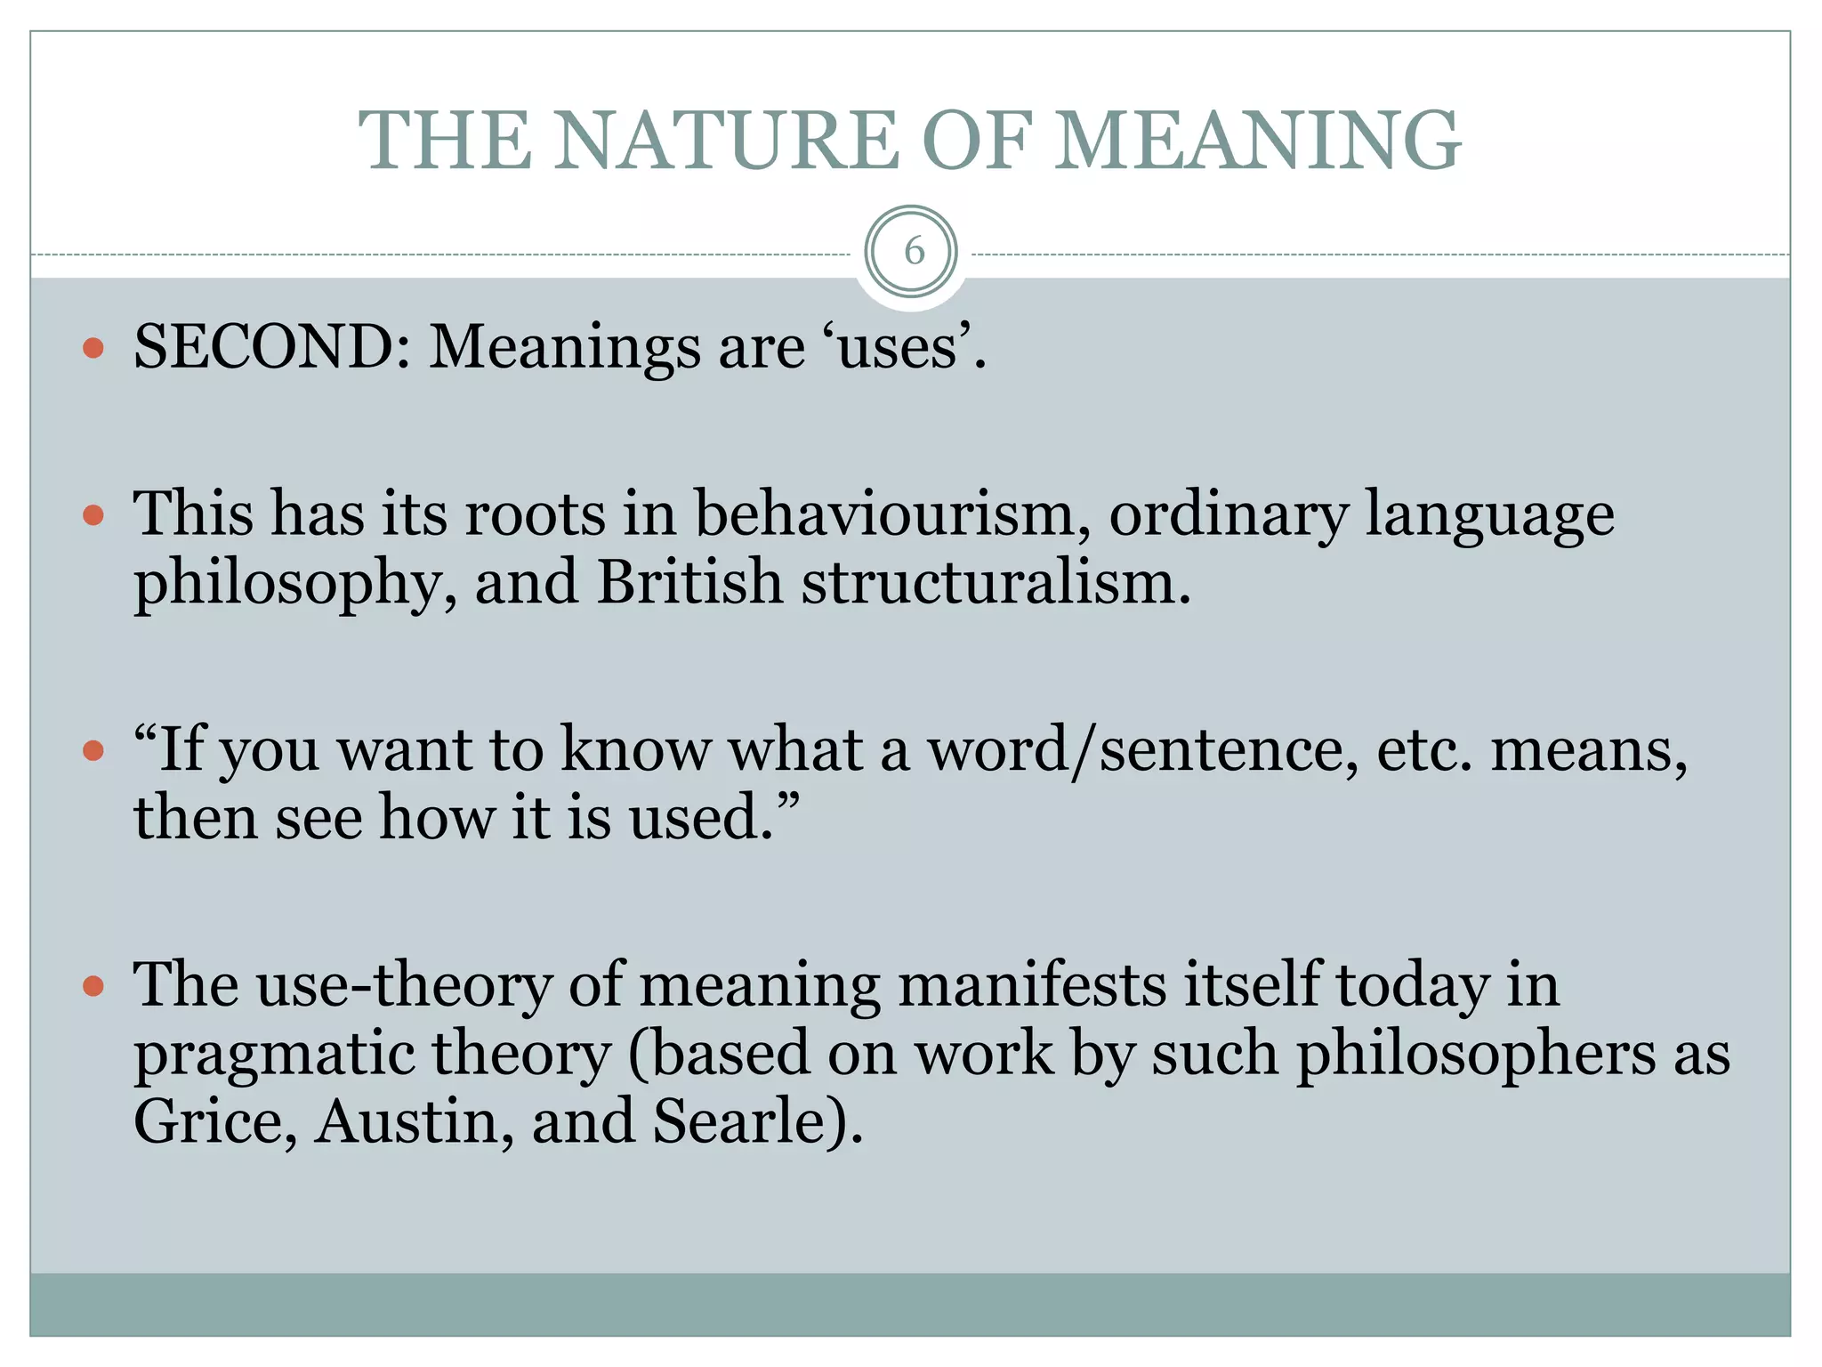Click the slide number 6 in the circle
click(x=912, y=252)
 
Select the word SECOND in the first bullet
click(x=271, y=346)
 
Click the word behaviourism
click(x=891, y=514)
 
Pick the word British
click(x=689, y=582)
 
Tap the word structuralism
click(x=995, y=582)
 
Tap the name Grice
click(x=214, y=1121)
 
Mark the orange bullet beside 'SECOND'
click(x=93, y=347)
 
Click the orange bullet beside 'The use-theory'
click(x=93, y=986)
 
